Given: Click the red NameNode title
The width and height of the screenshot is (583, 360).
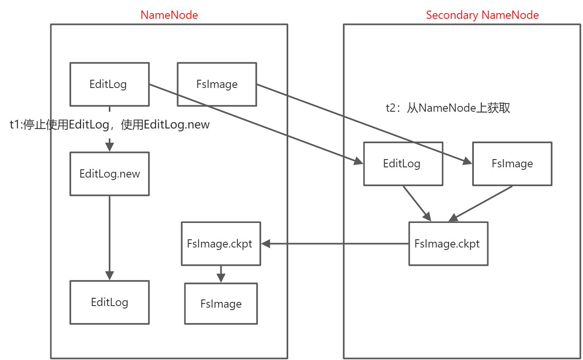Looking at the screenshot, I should [169, 15].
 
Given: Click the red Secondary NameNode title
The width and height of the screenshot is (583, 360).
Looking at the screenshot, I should [482, 15].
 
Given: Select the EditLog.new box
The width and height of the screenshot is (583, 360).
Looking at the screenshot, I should [110, 174].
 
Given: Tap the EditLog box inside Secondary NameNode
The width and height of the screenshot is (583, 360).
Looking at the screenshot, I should [403, 164].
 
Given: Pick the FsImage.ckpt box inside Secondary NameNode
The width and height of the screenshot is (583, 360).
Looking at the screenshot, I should [448, 244].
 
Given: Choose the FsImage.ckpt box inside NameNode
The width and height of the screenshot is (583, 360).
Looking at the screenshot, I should [220, 244].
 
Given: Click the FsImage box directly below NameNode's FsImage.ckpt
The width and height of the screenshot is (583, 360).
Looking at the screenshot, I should [221, 304].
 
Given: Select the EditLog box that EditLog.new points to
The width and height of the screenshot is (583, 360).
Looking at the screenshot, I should [110, 302].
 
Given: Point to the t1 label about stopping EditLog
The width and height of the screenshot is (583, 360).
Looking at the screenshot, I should [110, 124].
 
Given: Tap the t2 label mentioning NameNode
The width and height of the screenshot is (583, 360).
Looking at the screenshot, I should [448, 108].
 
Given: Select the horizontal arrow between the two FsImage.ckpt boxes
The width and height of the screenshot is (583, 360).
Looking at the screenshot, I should [335, 244].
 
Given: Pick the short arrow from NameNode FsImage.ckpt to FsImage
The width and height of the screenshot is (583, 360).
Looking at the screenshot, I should [221, 274].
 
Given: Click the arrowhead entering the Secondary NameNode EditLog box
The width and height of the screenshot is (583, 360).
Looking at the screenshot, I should [358, 162].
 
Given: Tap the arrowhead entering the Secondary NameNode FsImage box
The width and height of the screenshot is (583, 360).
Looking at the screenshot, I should [467, 162].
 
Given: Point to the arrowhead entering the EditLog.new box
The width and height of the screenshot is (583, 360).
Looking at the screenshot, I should [110, 146].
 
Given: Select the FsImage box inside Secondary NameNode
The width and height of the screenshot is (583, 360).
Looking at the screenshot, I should [512, 164].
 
